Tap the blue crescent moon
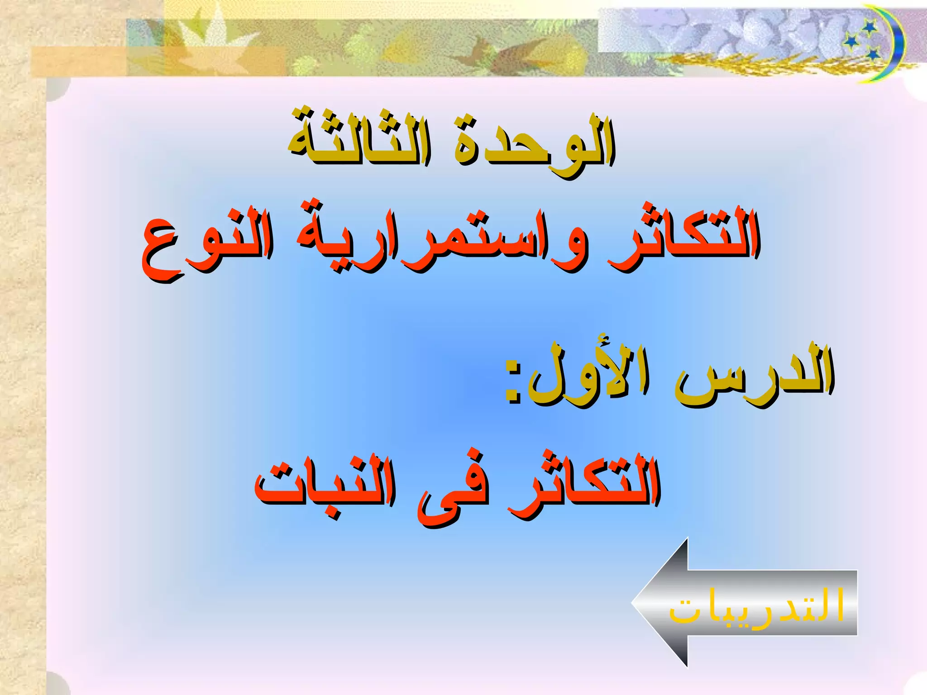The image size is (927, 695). coord(894,43)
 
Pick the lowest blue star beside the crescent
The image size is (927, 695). coord(873,55)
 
